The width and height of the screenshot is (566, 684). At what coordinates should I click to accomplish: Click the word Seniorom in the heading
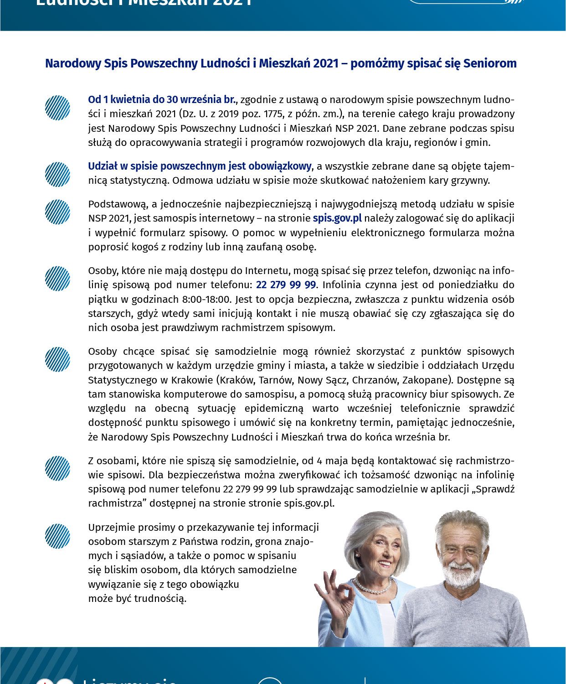tap(490, 63)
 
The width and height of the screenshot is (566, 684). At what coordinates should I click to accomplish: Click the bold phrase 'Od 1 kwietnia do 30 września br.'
tap(162, 99)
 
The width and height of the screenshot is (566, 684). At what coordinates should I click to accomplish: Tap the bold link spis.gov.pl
tap(337, 218)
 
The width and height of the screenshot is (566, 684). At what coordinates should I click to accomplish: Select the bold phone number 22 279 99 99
tap(286, 285)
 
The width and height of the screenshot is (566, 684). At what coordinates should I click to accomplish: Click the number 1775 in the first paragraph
tap(274, 114)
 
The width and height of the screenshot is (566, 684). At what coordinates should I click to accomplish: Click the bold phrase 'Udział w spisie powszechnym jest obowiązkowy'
tap(200, 166)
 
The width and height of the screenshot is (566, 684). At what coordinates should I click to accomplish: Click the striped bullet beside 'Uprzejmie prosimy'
tap(57, 536)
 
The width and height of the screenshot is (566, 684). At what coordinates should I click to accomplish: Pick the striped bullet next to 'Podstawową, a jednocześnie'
tap(57, 212)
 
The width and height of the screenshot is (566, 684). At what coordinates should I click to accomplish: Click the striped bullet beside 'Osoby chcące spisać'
tap(57, 359)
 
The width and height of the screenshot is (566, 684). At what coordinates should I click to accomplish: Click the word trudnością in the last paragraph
tap(160, 599)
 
